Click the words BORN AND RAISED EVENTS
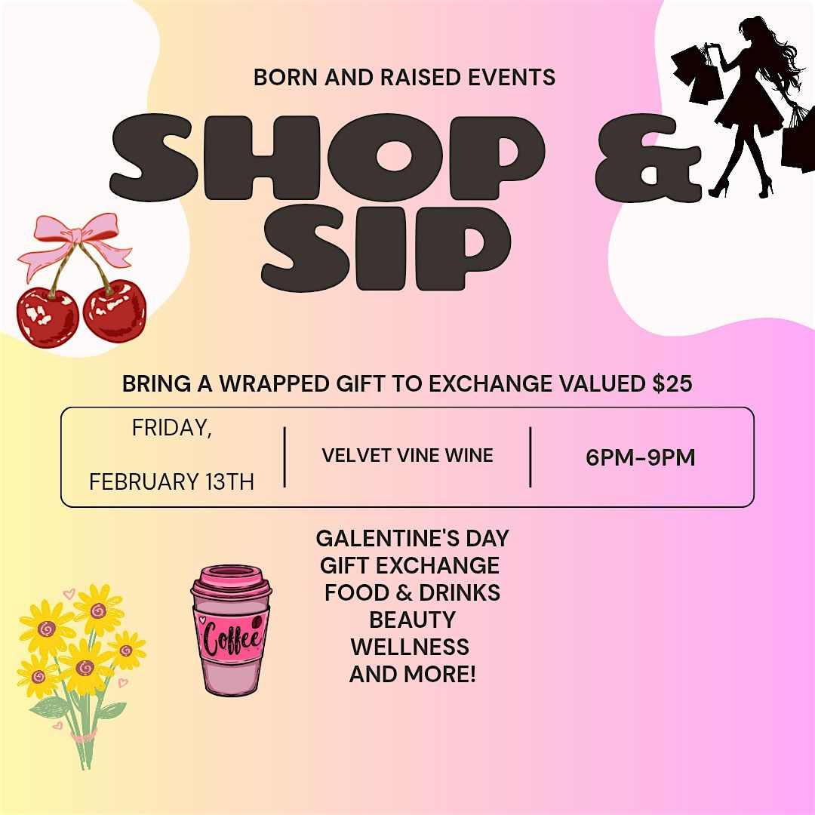point(404,78)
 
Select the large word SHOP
point(328,157)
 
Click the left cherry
point(48,316)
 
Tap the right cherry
point(115,311)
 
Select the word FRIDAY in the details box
point(171,428)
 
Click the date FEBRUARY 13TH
point(171,481)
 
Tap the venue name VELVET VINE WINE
point(407,455)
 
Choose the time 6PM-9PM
point(641,458)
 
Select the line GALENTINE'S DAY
point(413,539)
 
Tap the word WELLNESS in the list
point(410,647)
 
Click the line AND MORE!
point(413,674)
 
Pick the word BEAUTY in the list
point(413,620)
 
